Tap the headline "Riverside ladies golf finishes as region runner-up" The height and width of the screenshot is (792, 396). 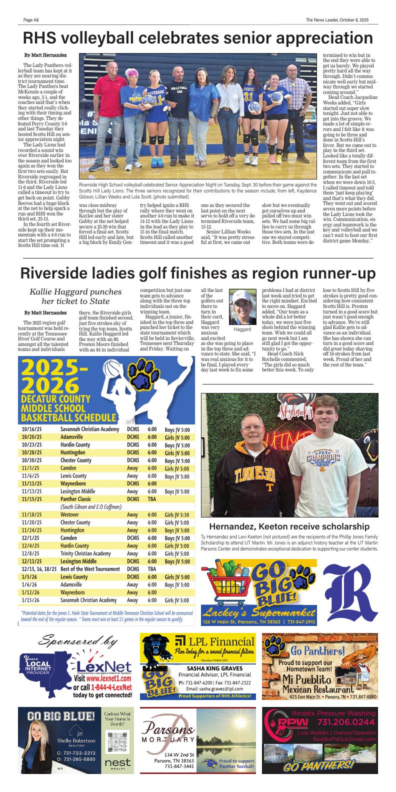(x=198, y=273)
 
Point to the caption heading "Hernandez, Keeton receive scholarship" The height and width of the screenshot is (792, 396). (x=289, y=526)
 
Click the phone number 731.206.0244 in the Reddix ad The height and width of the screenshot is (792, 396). (x=345, y=722)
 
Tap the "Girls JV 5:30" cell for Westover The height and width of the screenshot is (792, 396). (x=177, y=514)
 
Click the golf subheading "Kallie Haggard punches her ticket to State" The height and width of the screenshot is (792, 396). (x=75, y=296)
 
